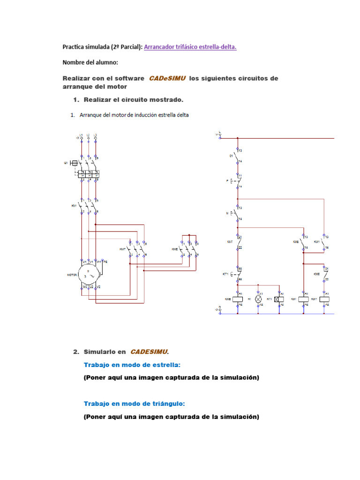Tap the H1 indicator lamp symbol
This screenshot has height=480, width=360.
pos(257,299)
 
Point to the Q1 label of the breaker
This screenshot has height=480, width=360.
pos(66,163)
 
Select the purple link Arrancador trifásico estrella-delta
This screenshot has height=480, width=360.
pos(190,46)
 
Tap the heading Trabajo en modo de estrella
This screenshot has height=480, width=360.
pos(132,365)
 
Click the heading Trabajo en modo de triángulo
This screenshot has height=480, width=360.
pos(134,403)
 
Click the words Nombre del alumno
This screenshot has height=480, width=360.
pos(90,62)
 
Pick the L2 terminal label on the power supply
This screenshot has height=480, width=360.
pos(88,135)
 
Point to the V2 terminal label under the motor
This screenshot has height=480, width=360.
pos(99,285)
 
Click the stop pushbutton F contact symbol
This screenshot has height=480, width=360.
pos(238,180)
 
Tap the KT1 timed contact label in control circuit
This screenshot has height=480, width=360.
pos(225,274)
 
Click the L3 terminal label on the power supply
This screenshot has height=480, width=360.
pos(96,135)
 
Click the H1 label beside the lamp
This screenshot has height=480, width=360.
pos(250,299)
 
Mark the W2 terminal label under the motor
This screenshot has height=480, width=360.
pos(85,285)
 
